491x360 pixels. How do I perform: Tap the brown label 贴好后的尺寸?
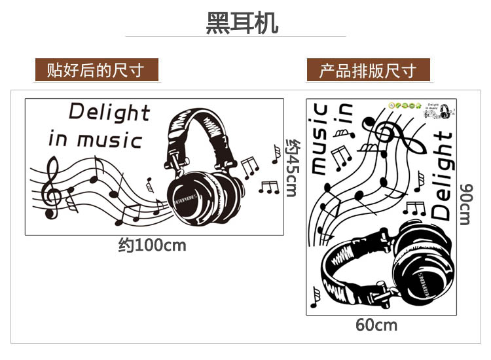[x=97, y=69]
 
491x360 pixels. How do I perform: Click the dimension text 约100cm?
[x=152, y=245]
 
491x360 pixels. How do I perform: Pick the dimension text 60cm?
[x=376, y=325]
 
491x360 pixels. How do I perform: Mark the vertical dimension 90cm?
[x=465, y=203]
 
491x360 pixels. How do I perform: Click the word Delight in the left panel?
[x=109, y=112]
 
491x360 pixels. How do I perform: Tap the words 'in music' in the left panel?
[x=95, y=140]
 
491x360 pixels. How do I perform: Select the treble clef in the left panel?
[x=50, y=189]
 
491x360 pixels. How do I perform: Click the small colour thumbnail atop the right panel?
[x=440, y=109]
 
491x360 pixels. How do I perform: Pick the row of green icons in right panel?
[x=403, y=104]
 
